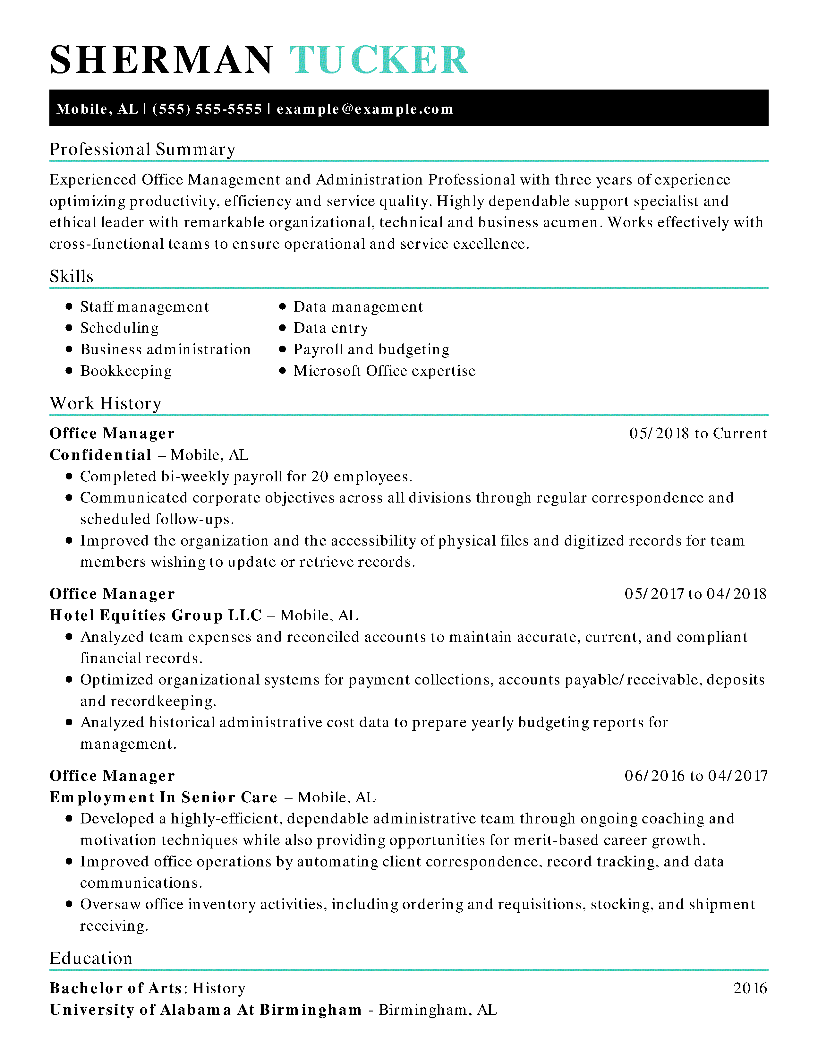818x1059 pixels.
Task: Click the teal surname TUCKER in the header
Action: click(379, 60)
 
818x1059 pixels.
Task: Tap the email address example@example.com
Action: click(365, 109)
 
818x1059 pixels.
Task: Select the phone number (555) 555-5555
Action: click(207, 109)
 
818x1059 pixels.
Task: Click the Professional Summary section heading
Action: click(142, 149)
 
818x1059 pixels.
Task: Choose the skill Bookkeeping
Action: click(126, 371)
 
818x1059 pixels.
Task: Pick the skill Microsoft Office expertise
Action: click(384, 371)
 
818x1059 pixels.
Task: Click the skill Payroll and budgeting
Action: click(371, 349)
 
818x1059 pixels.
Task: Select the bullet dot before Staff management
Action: click(69, 306)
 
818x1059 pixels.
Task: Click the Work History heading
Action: click(106, 403)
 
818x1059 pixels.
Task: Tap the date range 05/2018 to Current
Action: click(698, 434)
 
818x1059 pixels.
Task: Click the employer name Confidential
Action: click(101, 455)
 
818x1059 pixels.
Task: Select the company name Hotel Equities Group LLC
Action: click(156, 615)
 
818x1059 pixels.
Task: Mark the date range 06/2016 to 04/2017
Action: click(696, 776)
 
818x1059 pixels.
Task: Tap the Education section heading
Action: click(91, 958)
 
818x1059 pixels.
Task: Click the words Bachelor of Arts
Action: click(116, 988)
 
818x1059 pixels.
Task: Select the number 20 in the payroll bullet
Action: click(320, 477)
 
